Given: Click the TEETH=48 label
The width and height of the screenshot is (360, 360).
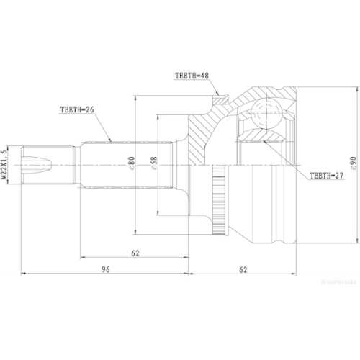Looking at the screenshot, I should click(x=191, y=75).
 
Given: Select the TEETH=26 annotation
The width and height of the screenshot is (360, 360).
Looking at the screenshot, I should click(x=77, y=111).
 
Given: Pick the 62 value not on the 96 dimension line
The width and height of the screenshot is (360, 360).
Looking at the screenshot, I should click(x=135, y=252).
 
